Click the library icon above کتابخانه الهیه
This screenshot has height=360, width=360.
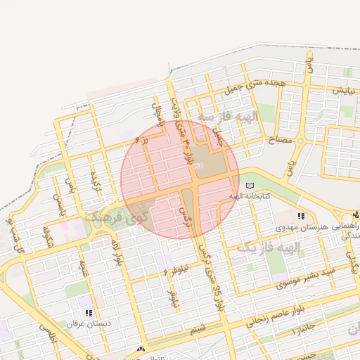(251, 185)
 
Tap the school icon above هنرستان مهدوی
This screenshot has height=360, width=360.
(301, 216)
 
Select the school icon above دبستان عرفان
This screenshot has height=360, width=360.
(88, 313)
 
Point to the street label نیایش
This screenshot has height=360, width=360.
(340, 91)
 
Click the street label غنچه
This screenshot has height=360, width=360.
(84, 269)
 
